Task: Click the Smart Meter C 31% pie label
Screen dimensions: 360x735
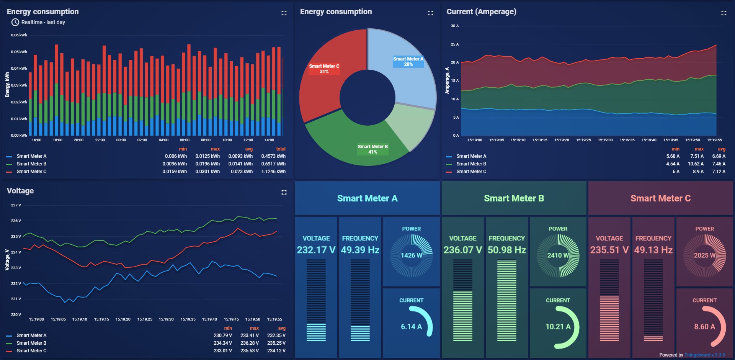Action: click(324, 69)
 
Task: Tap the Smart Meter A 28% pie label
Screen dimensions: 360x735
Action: click(408, 62)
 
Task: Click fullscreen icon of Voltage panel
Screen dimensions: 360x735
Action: click(284, 192)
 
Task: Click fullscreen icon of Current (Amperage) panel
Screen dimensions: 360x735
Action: click(724, 13)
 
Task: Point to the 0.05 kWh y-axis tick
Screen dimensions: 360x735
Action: click(19, 52)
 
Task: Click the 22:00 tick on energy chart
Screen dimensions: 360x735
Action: click(100, 140)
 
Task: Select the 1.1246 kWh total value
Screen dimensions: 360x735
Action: click(273, 172)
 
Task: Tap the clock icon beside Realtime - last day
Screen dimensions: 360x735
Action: click(15, 22)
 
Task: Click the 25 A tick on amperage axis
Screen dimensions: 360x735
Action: click(454, 44)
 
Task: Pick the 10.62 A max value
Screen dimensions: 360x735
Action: click(696, 164)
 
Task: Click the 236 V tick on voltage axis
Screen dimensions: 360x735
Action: click(16, 221)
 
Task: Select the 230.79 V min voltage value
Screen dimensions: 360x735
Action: click(223, 335)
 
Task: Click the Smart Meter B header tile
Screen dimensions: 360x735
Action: click(514, 198)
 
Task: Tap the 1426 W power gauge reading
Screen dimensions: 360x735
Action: click(411, 255)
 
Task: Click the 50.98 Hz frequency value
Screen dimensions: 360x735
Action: click(506, 250)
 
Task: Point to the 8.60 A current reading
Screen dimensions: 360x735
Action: click(704, 327)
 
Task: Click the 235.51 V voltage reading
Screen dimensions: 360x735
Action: click(609, 250)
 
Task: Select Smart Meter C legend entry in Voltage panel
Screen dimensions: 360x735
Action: click(31, 351)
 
